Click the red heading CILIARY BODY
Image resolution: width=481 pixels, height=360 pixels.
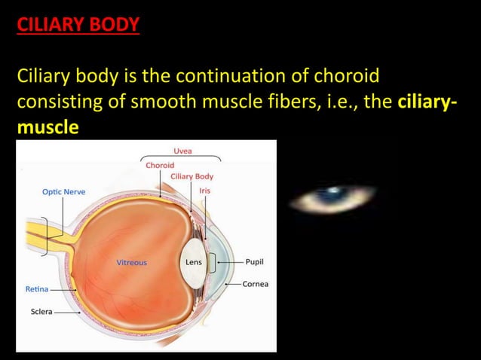tap(78, 25)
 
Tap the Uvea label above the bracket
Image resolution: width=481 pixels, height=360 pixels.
tap(182, 151)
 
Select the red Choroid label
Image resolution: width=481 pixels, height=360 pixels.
tap(160, 165)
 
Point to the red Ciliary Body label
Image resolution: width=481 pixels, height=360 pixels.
tap(192, 176)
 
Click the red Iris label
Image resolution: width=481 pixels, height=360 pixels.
tap(204, 191)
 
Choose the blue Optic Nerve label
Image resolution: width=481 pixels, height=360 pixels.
tap(63, 191)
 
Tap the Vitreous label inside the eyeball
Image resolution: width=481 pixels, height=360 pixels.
tap(131, 263)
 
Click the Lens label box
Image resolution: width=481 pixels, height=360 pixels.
tap(194, 263)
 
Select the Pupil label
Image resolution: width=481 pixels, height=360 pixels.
tap(254, 263)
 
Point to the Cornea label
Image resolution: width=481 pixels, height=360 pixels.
tap(256, 284)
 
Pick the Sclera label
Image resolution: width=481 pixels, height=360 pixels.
tap(41, 310)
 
